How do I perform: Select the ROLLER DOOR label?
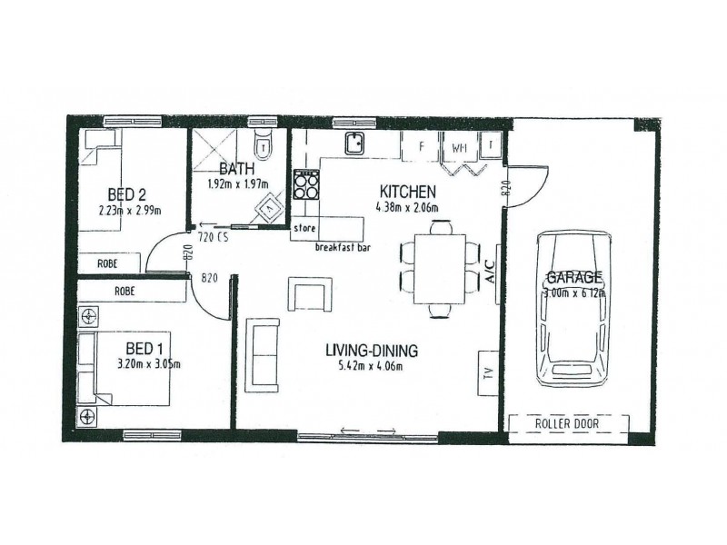(568, 423)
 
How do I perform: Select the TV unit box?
(487, 372)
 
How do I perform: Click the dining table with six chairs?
(439, 270)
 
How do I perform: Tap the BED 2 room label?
(126, 194)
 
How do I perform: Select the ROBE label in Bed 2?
(109, 263)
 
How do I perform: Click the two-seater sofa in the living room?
(264, 354)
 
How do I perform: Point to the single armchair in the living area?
(305, 294)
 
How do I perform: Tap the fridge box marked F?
(422, 146)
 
